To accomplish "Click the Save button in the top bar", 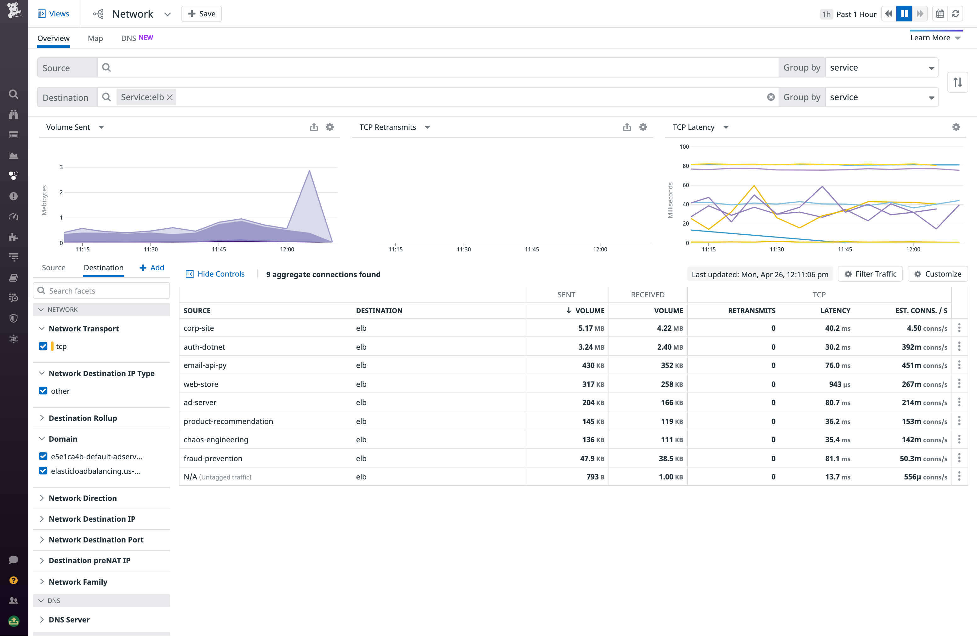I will pos(201,14).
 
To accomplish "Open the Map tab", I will pos(95,38).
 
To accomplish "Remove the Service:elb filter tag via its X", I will pos(170,97).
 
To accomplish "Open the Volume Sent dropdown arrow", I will pos(101,127).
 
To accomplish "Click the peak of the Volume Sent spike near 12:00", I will pos(309,171).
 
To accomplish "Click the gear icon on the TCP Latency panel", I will pos(956,127).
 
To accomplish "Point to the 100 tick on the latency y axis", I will pos(684,146).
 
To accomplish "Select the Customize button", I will pos(938,274).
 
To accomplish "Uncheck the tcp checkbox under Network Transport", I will pos(43,346).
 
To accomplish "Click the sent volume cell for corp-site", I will pos(591,328).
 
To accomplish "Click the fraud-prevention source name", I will pos(213,458).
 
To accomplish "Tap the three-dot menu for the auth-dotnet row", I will pos(959,347).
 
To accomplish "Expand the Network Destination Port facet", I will pos(96,540).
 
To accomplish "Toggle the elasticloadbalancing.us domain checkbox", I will pos(43,471).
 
